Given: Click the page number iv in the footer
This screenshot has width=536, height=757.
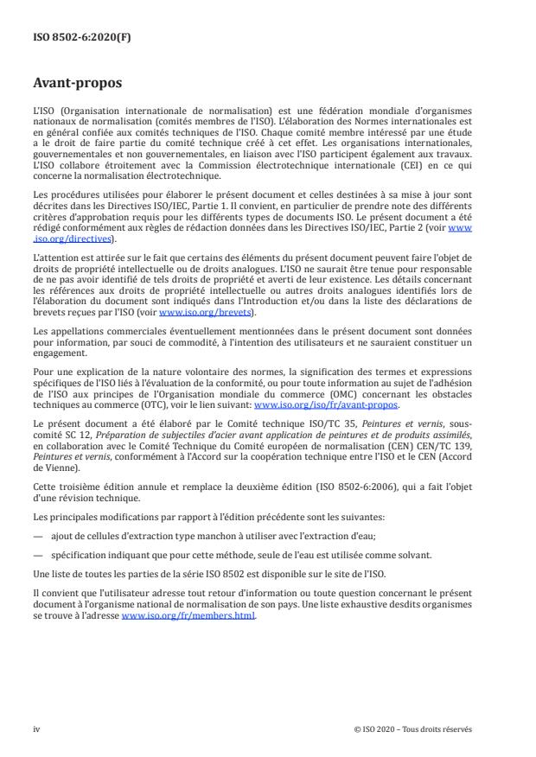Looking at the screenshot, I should tap(36, 728).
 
